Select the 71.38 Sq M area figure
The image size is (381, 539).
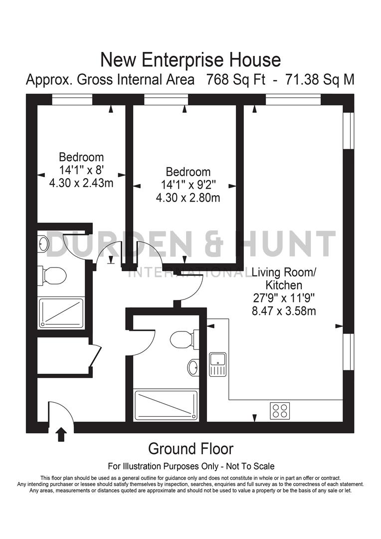tap(319, 80)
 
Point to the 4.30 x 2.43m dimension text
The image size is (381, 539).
tap(81, 183)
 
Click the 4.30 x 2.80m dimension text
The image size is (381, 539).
tap(188, 198)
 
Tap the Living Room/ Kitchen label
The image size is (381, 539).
tap(284, 279)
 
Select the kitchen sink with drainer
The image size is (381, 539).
tap(218, 364)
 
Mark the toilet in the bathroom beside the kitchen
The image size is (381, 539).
tap(181, 340)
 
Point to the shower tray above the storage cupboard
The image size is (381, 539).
tap(61, 313)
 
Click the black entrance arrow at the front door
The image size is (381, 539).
tap(61, 434)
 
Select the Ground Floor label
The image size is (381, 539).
tap(190, 449)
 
